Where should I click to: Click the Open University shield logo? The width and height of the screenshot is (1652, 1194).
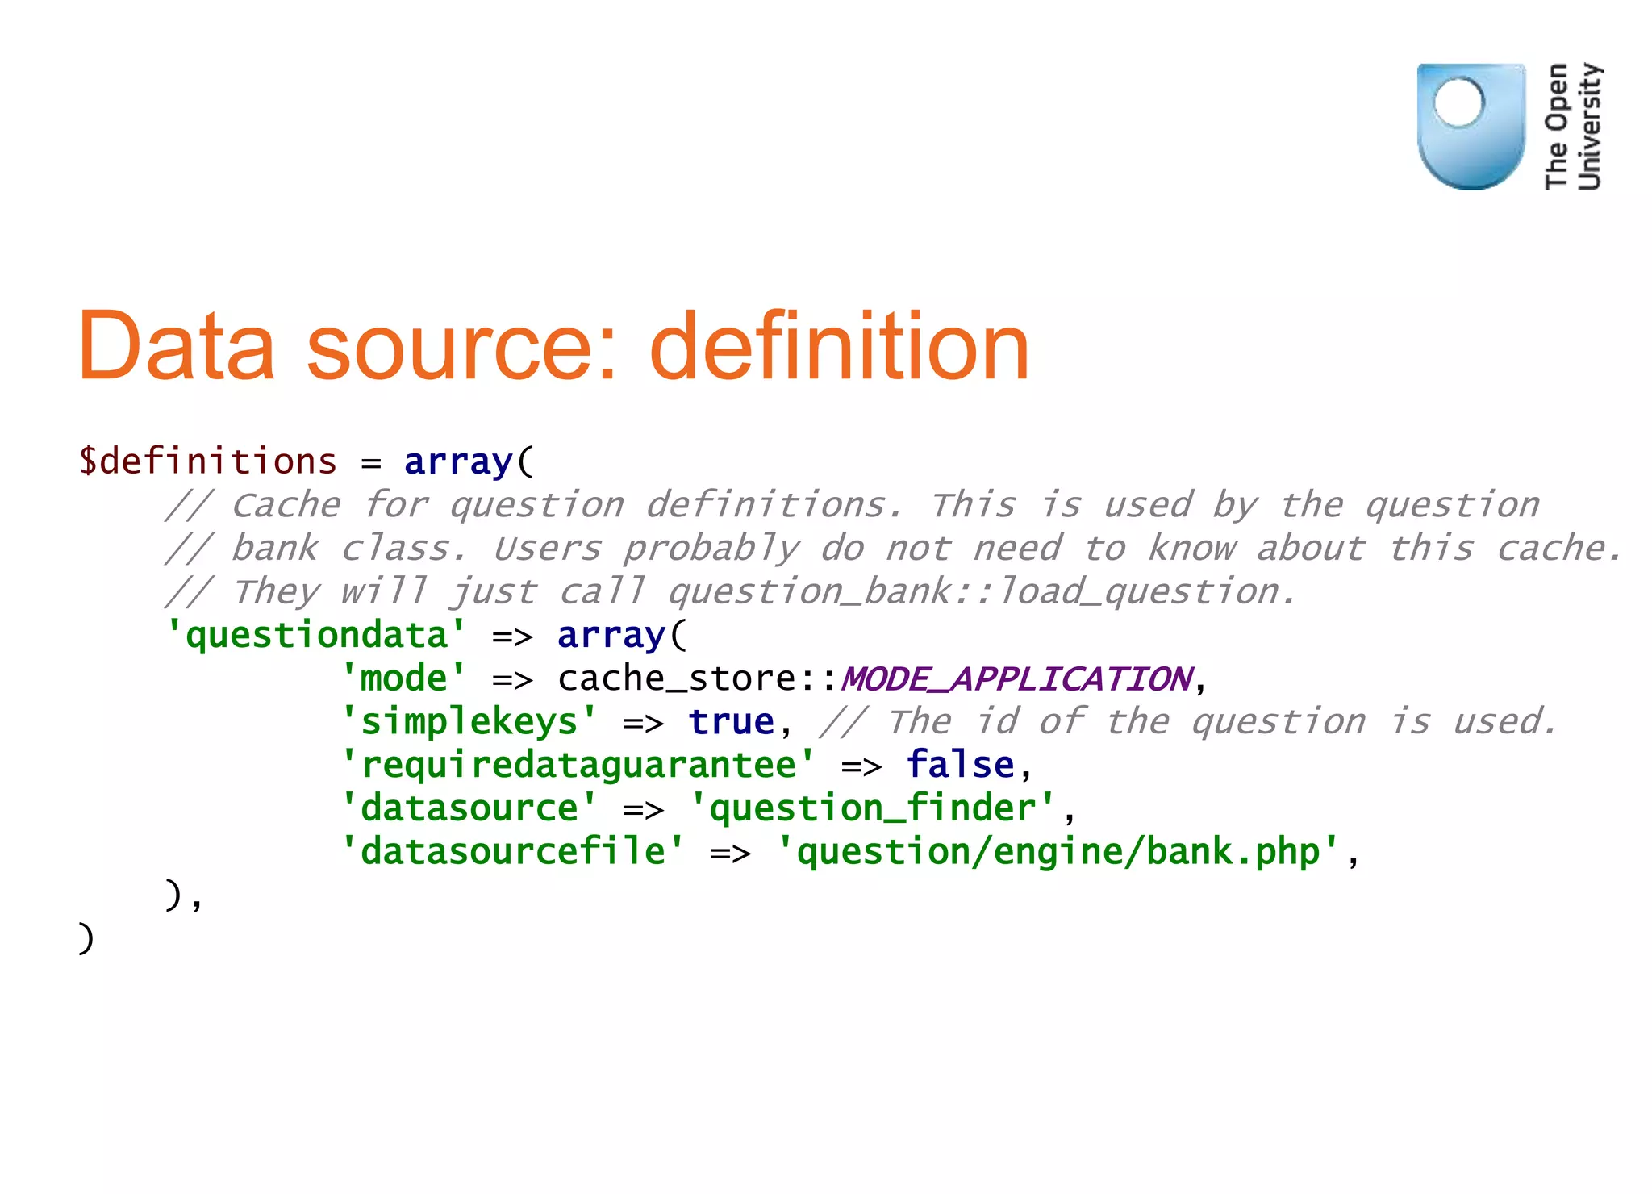click(x=1471, y=126)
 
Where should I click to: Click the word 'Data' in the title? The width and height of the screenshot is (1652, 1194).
click(x=176, y=346)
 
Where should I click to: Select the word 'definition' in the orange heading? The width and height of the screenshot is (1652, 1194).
click(x=839, y=346)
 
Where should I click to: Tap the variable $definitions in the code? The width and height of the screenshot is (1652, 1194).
click(x=207, y=461)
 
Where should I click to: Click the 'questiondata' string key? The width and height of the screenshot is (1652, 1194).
click(x=316, y=635)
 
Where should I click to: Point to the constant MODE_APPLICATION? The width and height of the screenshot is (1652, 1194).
click(x=1016, y=678)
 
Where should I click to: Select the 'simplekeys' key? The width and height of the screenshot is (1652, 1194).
click(x=469, y=722)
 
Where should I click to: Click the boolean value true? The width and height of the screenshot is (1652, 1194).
click(x=731, y=722)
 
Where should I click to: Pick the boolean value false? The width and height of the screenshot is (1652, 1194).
click(x=959, y=765)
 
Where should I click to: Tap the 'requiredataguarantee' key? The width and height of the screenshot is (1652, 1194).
click(x=578, y=765)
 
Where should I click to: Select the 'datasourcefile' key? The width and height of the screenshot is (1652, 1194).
click(x=513, y=852)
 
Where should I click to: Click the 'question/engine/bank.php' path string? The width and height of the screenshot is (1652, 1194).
click(x=1058, y=852)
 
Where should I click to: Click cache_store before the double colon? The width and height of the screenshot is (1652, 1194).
click(x=676, y=678)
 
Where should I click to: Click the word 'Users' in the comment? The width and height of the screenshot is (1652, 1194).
click(x=547, y=549)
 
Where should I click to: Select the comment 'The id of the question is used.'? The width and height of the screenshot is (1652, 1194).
click(x=1189, y=722)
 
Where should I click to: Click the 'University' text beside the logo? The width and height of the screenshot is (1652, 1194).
click(x=1589, y=126)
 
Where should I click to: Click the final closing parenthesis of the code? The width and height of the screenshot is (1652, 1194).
click(x=86, y=938)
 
